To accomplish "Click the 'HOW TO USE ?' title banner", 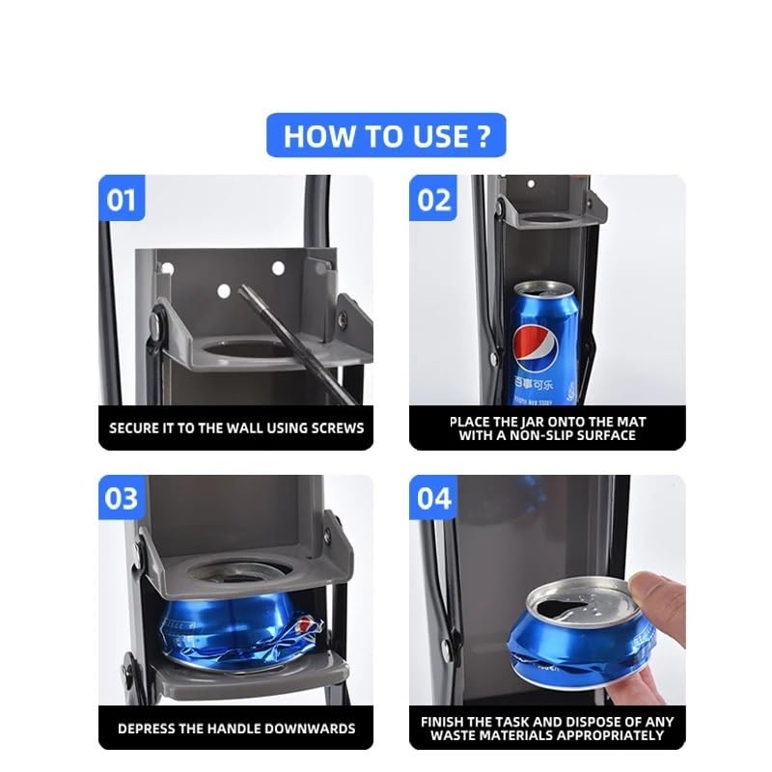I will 386,135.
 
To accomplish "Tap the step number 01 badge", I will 122,200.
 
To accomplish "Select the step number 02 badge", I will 433,200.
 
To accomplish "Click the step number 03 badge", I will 122,499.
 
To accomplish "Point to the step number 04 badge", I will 433,499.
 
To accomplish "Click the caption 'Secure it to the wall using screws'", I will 236,427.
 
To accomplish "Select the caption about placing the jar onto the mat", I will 547,427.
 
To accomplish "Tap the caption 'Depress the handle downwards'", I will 236,729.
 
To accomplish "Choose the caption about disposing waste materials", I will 547,729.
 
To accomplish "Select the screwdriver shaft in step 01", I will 280,328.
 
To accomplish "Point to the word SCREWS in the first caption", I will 336,427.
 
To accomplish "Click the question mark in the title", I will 484,136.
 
